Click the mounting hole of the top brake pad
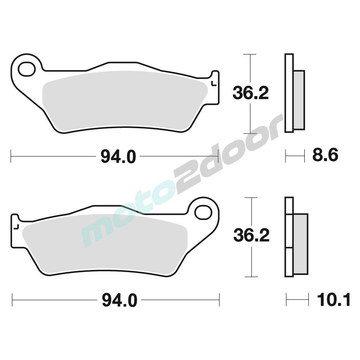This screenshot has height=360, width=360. [x=27, y=69]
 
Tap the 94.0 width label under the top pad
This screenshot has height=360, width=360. [x=118, y=157]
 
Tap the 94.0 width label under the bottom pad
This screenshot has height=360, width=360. [x=120, y=300]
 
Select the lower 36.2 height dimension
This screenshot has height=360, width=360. [x=251, y=236]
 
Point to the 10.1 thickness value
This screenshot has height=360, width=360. [x=333, y=299]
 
